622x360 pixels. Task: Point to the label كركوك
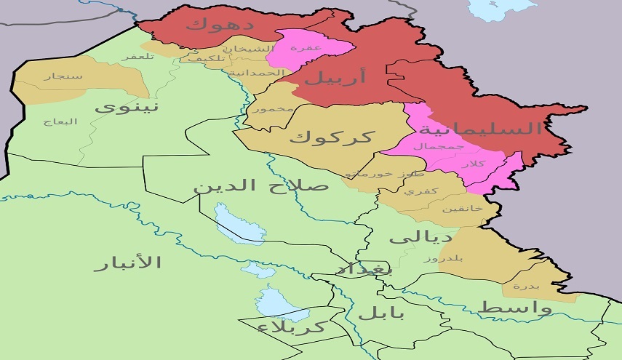[331, 136]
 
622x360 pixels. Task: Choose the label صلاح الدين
[260, 185]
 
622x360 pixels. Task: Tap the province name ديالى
[420, 237]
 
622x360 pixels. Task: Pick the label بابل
[380, 313]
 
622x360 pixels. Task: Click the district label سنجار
[57, 75]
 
